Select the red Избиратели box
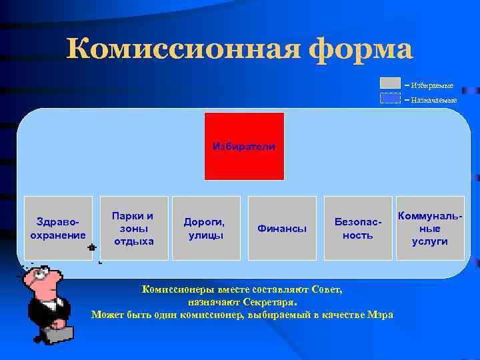point(244,146)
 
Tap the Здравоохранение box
point(58,228)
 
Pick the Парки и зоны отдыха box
point(133,228)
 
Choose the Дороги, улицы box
point(206,228)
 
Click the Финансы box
point(282,228)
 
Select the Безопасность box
point(358,228)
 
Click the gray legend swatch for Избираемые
point(390,83)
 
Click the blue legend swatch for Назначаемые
point(390,98)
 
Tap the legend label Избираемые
point(432,85)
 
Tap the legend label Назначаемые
point(433,100)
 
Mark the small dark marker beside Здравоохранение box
point(91,247)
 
